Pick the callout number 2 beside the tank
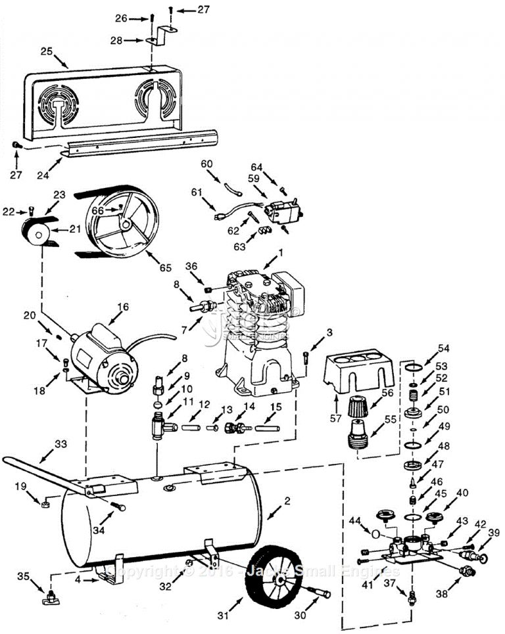click(287, 501)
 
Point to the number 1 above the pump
click(280, 252)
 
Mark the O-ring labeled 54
click(413, 365)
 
